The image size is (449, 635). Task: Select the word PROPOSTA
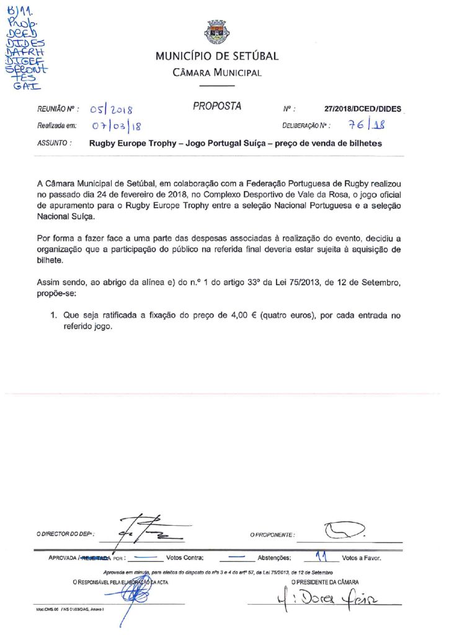pos(216,107)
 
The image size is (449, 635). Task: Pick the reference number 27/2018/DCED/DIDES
pos(363,109)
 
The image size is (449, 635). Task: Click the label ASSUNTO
pos(55,143)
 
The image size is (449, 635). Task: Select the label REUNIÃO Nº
pos(58,109)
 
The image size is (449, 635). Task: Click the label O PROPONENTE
pos(272,535)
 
